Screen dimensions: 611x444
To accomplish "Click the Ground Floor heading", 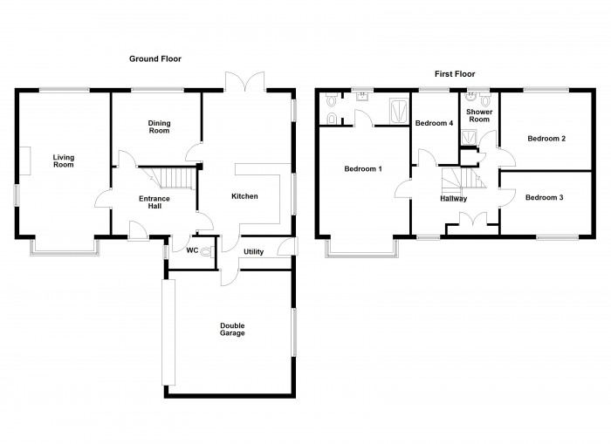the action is [x=155, y=58].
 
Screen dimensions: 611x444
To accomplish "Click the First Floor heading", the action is [x=455, y=74].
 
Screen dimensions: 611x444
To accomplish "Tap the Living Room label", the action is [x=64, y=161].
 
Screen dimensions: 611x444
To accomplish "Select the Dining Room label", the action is [x=159, y=127].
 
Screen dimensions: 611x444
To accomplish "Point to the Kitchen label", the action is [x=244, y=196].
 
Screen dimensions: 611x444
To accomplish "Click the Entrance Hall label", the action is [x=154, y=202].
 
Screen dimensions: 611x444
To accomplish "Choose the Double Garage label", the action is [x=232, y=329].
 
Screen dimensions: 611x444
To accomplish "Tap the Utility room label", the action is [x=254, y=252].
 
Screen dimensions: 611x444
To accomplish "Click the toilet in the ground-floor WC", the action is [x=207, y=252].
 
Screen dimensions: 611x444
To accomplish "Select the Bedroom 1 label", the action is [x=363, y=169].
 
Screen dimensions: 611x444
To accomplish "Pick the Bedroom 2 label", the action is [x=546, y=139].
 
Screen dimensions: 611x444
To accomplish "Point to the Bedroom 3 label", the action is [x=544, y=197].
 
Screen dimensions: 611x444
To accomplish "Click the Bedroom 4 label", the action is [x=434, y=124].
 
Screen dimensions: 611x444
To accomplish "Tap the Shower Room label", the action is [x=479, y=116].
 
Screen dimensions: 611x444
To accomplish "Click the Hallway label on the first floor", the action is [x=454, y=199].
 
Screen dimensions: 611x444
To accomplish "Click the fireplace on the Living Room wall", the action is [x=25, y=161].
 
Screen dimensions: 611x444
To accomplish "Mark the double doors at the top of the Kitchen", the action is [x=244, y=82].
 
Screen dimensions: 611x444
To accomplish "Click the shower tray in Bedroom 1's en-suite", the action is [x=399, y=111].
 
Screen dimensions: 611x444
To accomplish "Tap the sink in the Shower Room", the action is [x=470, y=97].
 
